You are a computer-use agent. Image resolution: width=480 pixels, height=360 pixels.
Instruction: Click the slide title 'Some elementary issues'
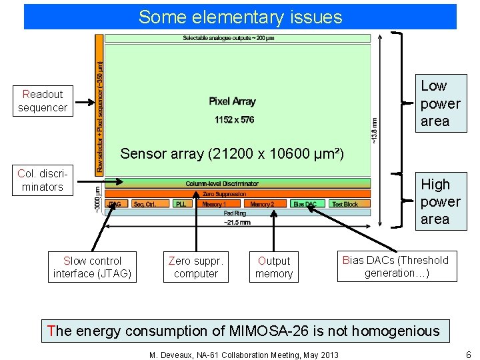point(240,17)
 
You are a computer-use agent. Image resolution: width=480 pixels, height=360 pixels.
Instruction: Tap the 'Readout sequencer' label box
point(43,101)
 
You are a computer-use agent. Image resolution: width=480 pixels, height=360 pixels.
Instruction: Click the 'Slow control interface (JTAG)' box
point(92,267)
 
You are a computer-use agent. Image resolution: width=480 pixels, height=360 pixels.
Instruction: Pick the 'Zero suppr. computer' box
point(196,267)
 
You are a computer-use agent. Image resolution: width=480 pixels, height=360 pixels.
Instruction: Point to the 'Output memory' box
point(274,267)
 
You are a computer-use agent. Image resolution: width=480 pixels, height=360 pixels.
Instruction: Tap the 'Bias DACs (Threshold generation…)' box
point(397,266)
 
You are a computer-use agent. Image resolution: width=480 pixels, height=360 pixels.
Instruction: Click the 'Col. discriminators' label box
point(42,180)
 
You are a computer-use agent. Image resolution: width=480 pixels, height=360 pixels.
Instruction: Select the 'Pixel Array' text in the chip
point(232,101)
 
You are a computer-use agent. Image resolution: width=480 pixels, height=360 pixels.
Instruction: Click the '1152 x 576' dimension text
point(234,120)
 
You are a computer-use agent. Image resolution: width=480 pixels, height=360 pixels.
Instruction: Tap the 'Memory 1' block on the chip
point(215,204)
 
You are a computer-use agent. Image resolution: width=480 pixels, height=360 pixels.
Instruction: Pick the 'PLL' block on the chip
point(181,204)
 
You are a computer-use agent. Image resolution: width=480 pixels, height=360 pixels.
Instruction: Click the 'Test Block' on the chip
point(345,204)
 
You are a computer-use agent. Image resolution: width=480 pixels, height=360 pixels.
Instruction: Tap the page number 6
point(468,354)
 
